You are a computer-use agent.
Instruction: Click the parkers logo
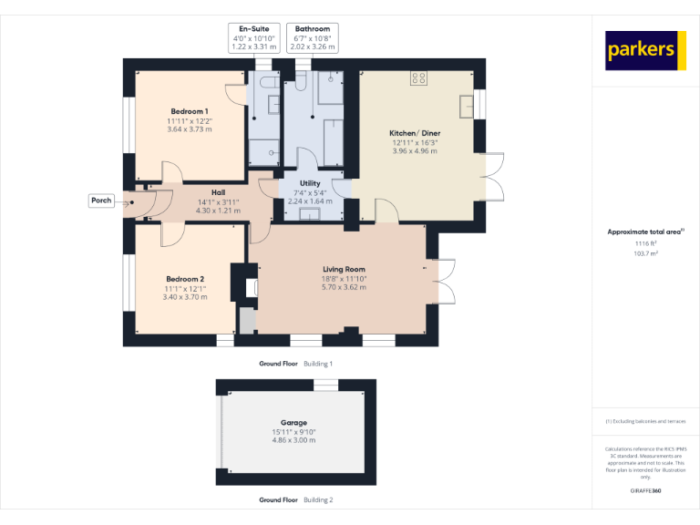pos(645,51)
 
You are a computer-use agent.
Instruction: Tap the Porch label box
pos(101,201)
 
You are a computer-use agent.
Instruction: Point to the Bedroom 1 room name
pos(189,111)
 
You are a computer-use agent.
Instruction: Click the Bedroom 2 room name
pos(184,279)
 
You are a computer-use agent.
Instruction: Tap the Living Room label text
pos(344,269)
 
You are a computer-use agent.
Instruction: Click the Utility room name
pos(311,183)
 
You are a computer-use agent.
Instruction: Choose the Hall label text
pos(218,192)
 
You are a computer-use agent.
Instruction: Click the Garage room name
pos(293,423)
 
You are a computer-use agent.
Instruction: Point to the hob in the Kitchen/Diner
pos(419,78)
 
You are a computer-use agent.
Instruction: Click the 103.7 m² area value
pos(645,254)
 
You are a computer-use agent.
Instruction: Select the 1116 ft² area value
pos(645,244)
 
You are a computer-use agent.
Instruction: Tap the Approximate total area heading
pos(644,232)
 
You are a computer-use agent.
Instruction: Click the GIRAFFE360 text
pos(645,491)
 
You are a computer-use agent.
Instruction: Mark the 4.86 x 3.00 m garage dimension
pos(293,440)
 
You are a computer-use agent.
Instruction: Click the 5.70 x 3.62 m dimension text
pos(344,287)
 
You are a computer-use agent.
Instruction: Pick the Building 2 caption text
pos(318,500)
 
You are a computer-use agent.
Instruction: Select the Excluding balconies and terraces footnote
pos(645,421)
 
